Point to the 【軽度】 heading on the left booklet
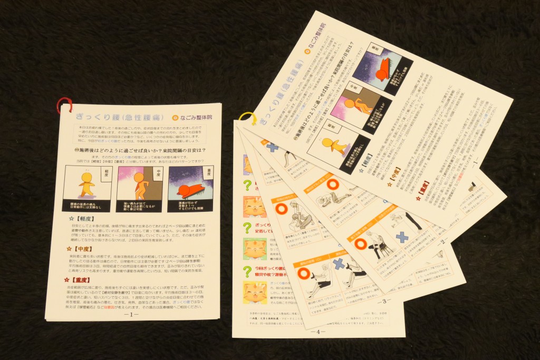click(83, 217)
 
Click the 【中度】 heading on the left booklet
click(80, 248)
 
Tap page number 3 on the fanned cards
click(383, 301)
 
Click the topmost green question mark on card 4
click(247, 184)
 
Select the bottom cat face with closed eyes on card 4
click(254, 291)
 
